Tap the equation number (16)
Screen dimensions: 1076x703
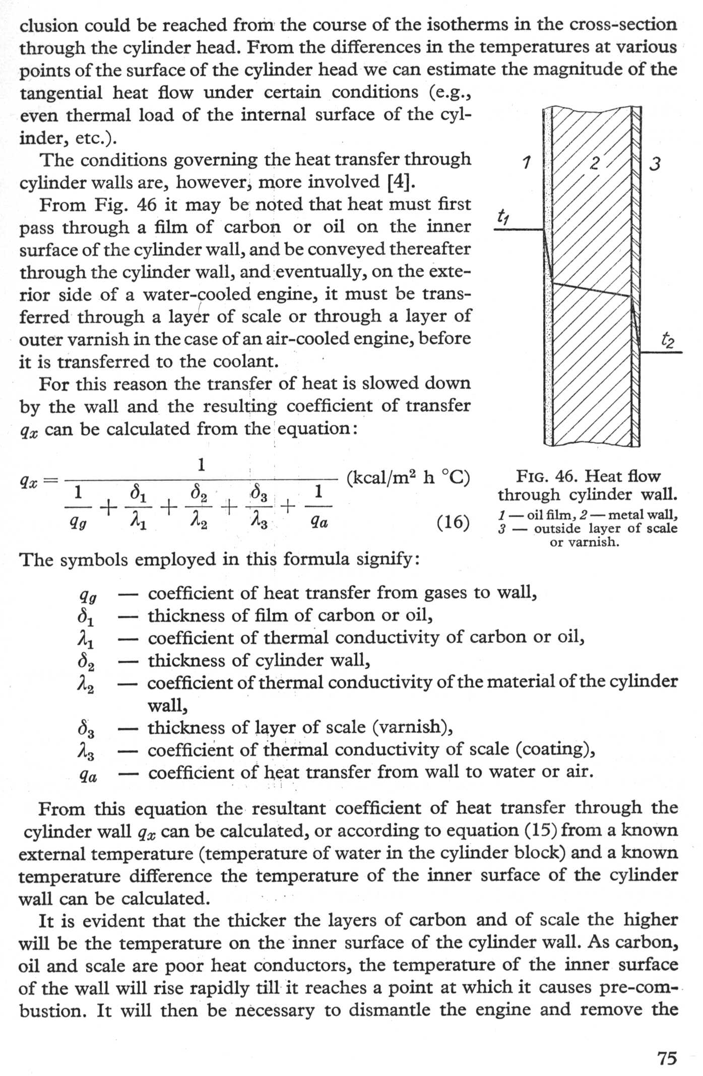pyautogui.click(x=453, y=522)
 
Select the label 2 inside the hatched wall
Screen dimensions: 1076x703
pyautogui.click(x=595, y=163)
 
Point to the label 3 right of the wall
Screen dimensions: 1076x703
pyautogui.click(x=655, y=164)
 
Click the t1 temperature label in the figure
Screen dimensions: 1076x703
pyautogui.click(x=503, y=217)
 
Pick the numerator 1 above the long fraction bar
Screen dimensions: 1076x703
pyautogui.click(x=201, y=464)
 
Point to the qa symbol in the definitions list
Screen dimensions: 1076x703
pyautogui.click(x=89, y=776)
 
